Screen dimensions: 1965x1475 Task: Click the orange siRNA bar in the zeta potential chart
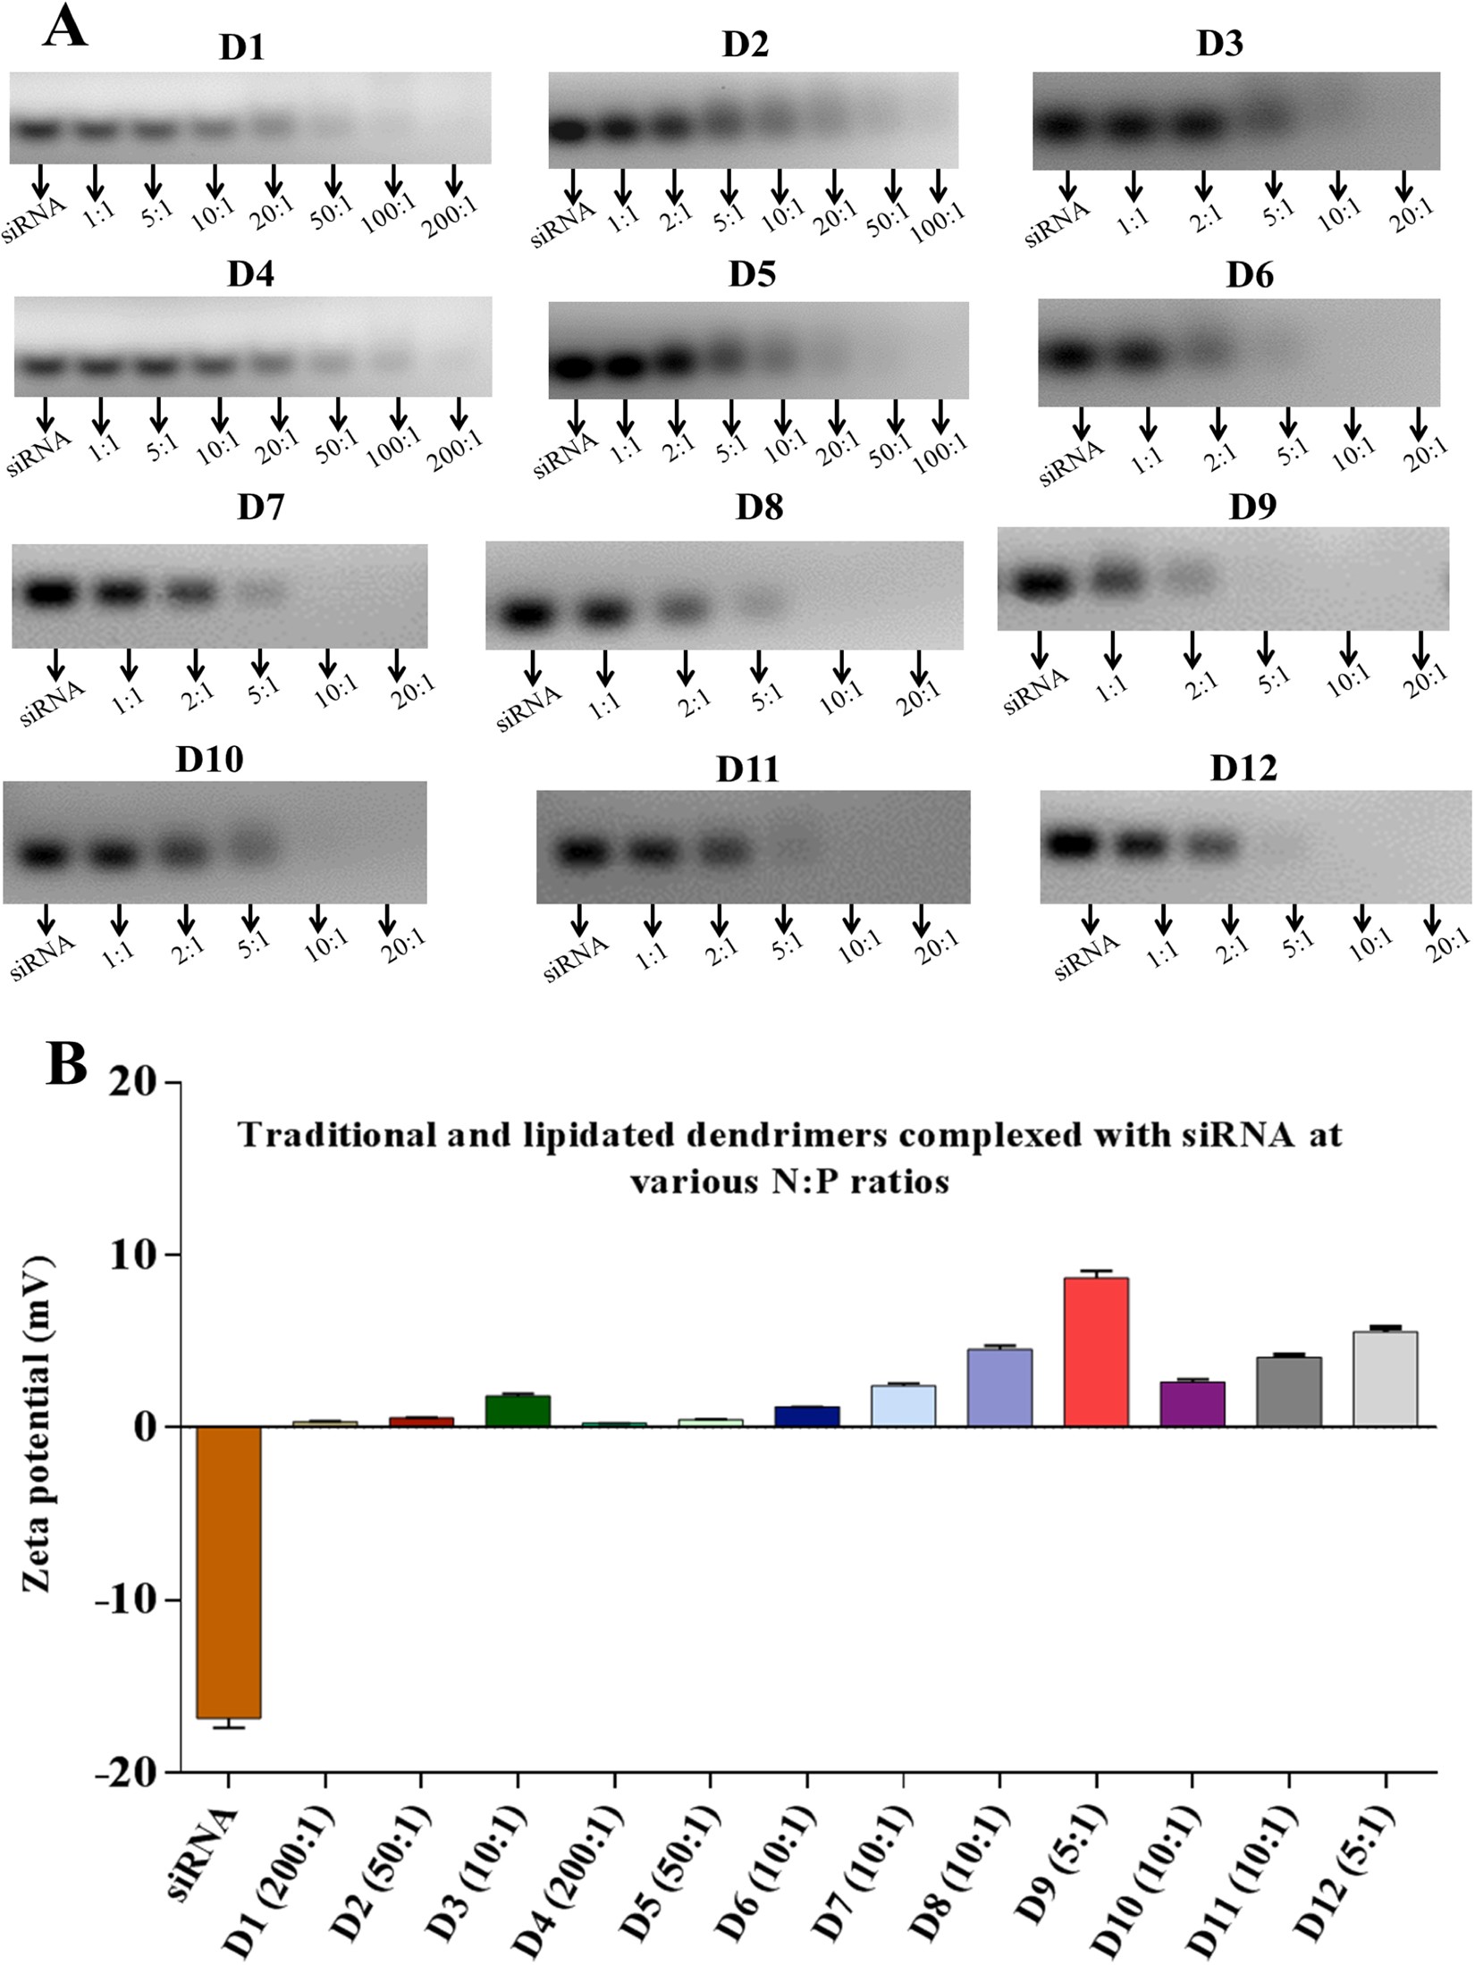click(x=229, y=1571)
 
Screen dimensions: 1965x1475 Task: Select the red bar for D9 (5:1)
click(x=1096, y=1352)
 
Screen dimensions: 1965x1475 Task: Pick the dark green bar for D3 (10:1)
click(x=518, y=1410)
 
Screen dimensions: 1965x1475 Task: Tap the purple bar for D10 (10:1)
click(x=1193, y=1404)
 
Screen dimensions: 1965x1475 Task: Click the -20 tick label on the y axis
click(x=130, y=1773)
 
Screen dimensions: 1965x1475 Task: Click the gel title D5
click(x=752, y=274)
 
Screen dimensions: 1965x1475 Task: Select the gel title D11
click(x=747, y=769)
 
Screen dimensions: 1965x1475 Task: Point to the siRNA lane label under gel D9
click(x=1035, y=691)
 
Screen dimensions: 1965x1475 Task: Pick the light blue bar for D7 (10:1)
click(x=903, y=1406)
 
